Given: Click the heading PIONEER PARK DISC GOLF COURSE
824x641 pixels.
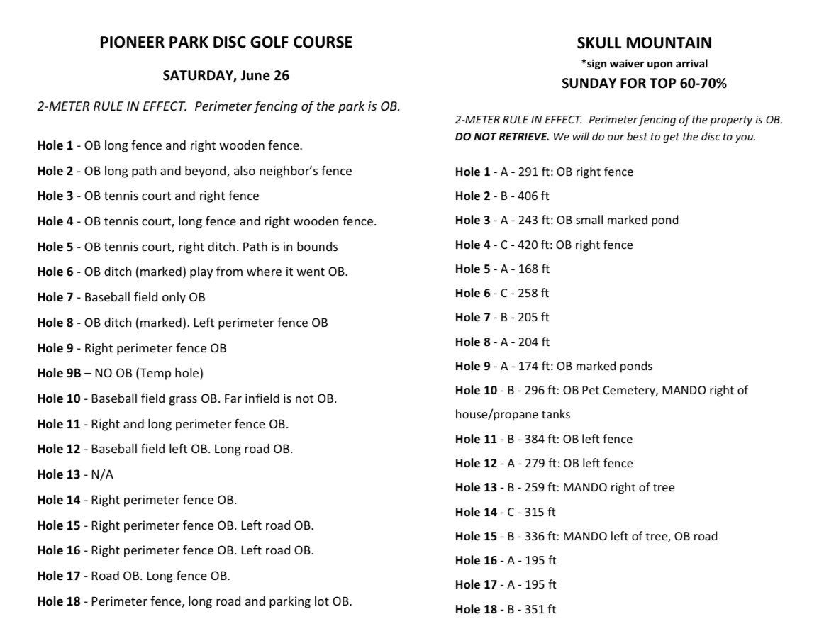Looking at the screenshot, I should (x=226, y=43).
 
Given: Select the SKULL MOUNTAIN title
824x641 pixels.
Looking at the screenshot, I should (x=644, y=43).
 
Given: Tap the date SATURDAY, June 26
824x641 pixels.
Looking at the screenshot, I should (x=226, y=75).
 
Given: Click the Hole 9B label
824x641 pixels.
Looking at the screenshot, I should (x=59, y=373).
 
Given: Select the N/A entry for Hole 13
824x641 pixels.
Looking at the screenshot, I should (x=99, y=474).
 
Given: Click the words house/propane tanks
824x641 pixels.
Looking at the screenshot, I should (x=512, y=414).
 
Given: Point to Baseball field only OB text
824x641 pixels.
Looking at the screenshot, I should (x=145, y=297).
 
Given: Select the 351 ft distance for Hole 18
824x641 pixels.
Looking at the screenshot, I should (x=540, y=609).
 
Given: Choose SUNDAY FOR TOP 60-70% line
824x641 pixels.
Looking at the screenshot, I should (x=644, y=84).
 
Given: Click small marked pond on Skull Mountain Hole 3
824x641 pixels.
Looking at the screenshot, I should (x=627, y=220).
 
